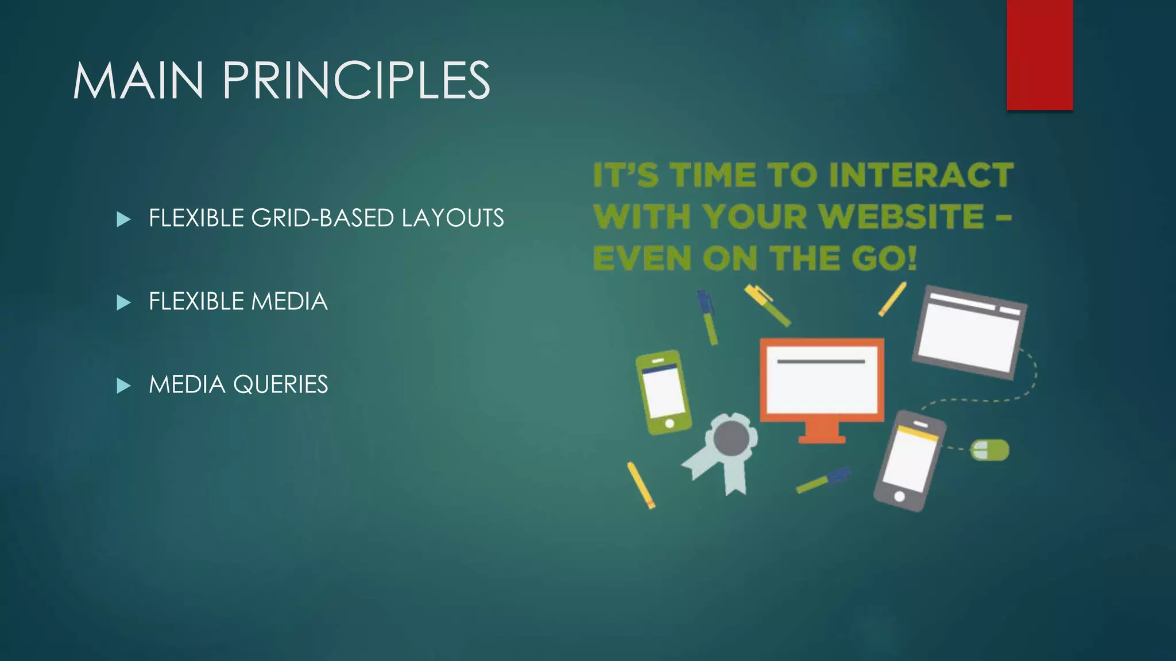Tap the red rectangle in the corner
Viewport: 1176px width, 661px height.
pyautogui.click(x=1039, y=55)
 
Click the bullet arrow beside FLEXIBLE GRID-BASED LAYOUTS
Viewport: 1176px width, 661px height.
pyautogui.click(x=123, y=219)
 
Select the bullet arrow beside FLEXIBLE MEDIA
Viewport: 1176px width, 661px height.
pyautogui.click(x=123, y=302)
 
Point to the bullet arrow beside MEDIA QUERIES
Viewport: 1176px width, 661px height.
pyautogui.click(x=123, y=386)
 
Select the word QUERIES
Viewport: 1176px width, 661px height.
pyautogui.click(x=280, y=384)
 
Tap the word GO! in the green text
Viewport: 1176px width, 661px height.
pyautogui.click(x=884, y=258)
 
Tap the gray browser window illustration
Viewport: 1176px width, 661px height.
pyautogui.click(x=970, y=332)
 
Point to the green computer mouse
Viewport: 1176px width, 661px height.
pyautogui.click(x=989, y=450)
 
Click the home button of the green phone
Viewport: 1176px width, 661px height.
pyautogui.click(x=669, y=423)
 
